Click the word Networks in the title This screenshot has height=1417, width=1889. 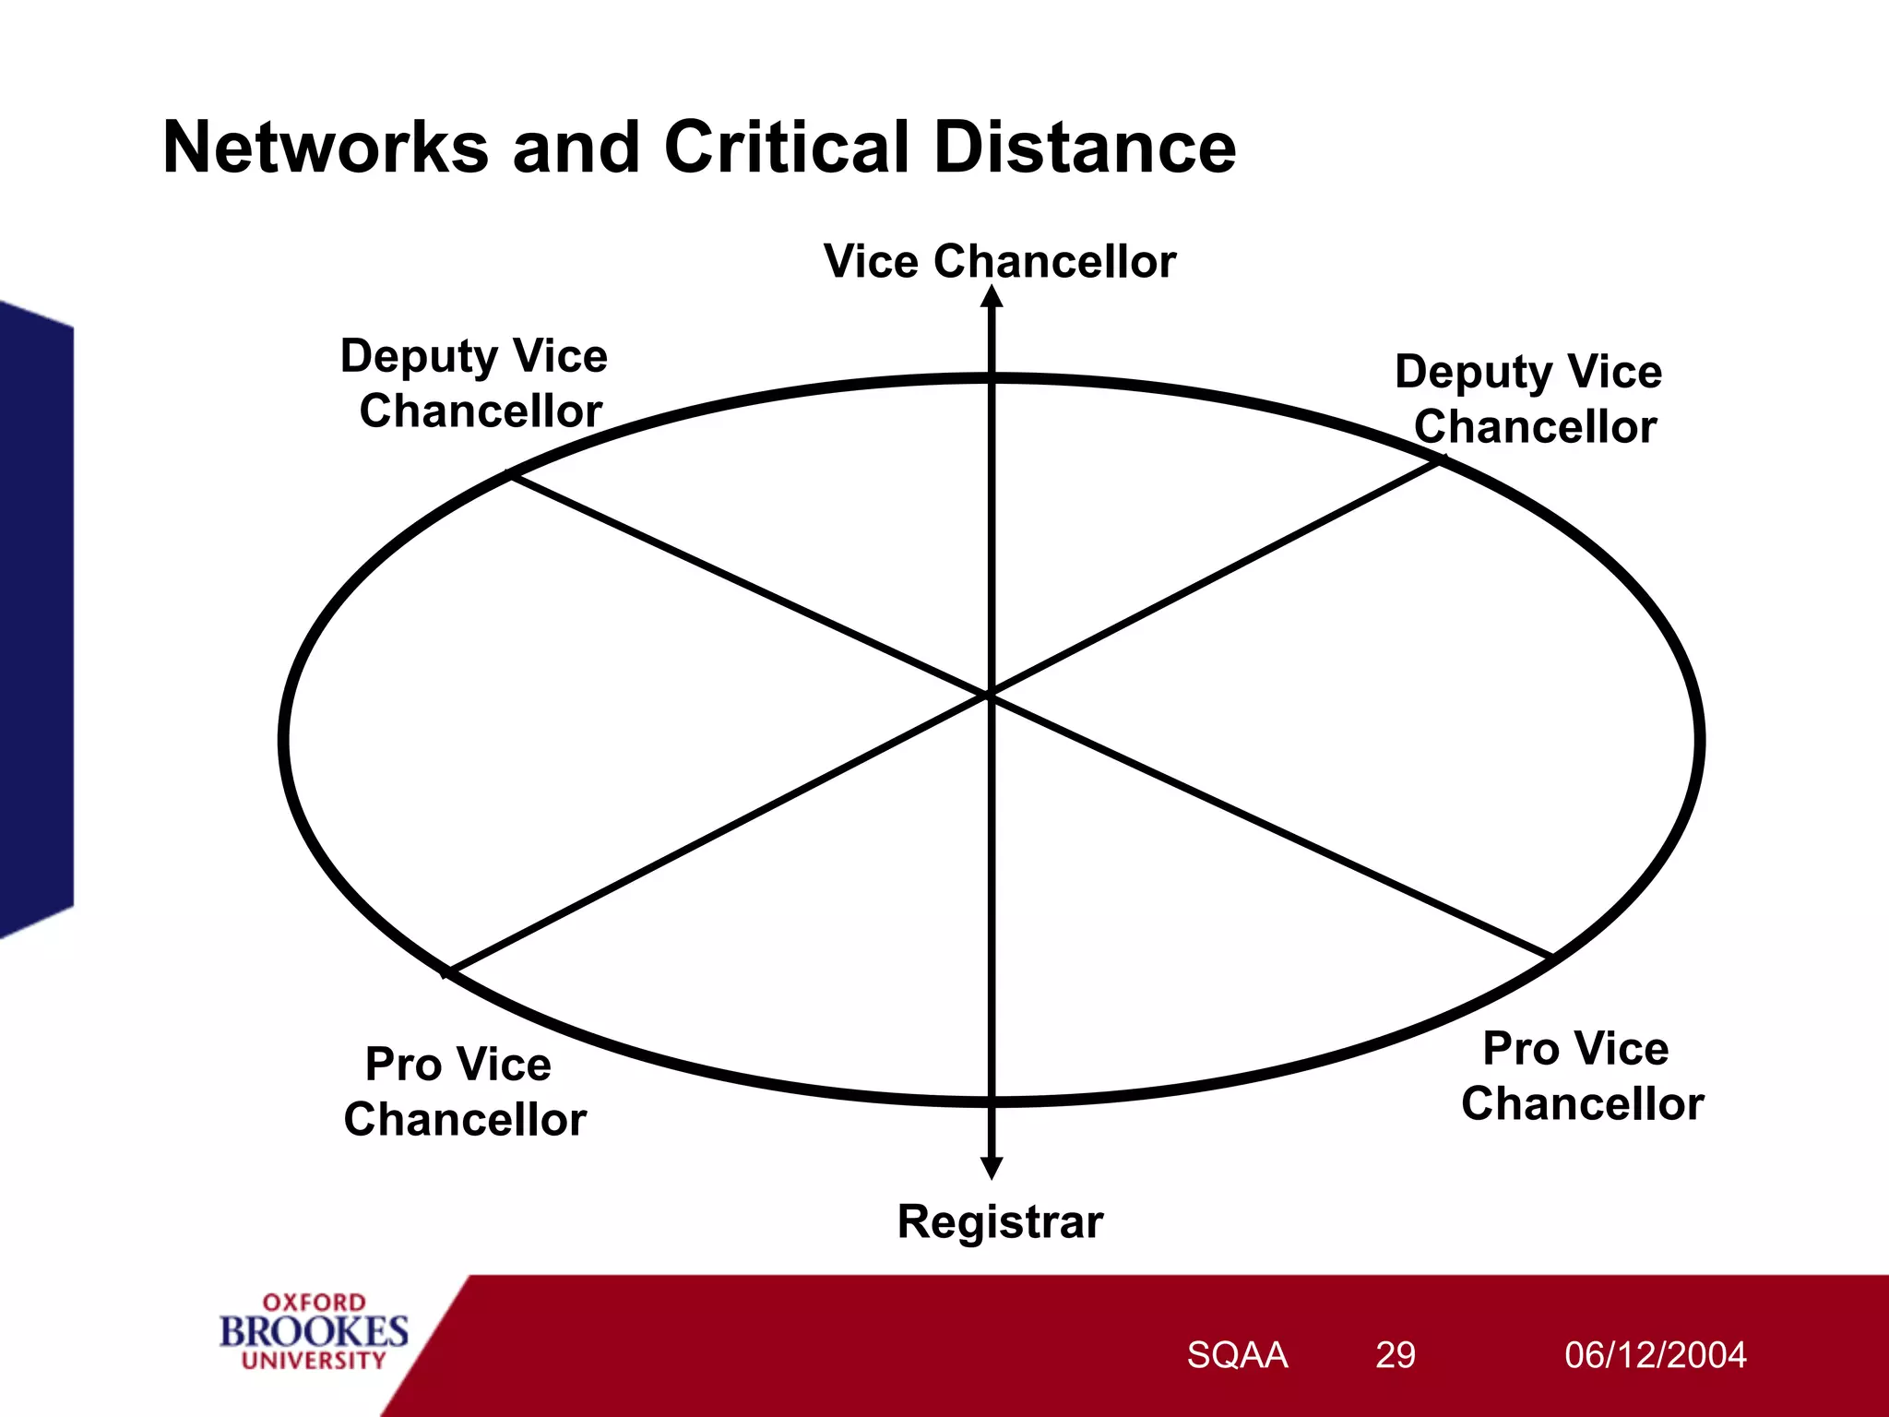(325, 148)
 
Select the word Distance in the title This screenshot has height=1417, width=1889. (1085, 148)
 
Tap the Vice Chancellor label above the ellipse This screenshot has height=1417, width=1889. (999, 261)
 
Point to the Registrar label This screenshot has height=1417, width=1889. (1000, 1222)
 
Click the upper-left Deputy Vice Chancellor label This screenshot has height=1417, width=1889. (476, 384)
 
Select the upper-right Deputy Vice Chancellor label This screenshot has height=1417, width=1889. (1530, 399)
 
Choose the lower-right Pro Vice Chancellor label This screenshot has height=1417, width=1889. (1581, 1077)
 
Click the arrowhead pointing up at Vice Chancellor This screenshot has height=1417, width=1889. (992, 297)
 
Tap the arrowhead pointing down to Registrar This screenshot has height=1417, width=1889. (992, 1168)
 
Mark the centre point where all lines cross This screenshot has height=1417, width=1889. (991, 694)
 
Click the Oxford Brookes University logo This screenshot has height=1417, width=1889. (314, 1331)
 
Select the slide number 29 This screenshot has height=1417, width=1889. (1395, 1355)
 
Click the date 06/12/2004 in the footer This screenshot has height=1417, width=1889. (1655, 1355)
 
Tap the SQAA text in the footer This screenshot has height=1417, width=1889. (1237, 1355)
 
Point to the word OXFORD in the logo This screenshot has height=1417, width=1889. (314, 1303)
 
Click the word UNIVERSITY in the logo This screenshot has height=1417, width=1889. (314, 1361)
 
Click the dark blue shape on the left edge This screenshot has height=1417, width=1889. (35, 618)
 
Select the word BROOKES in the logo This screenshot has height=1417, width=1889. (314, 1331)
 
